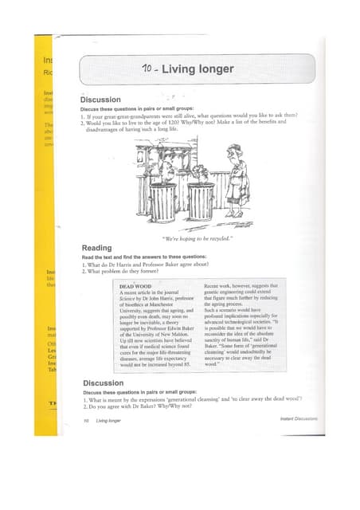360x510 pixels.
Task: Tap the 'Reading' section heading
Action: [x=96, y=248]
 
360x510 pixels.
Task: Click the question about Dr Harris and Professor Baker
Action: [x=156, y=265]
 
